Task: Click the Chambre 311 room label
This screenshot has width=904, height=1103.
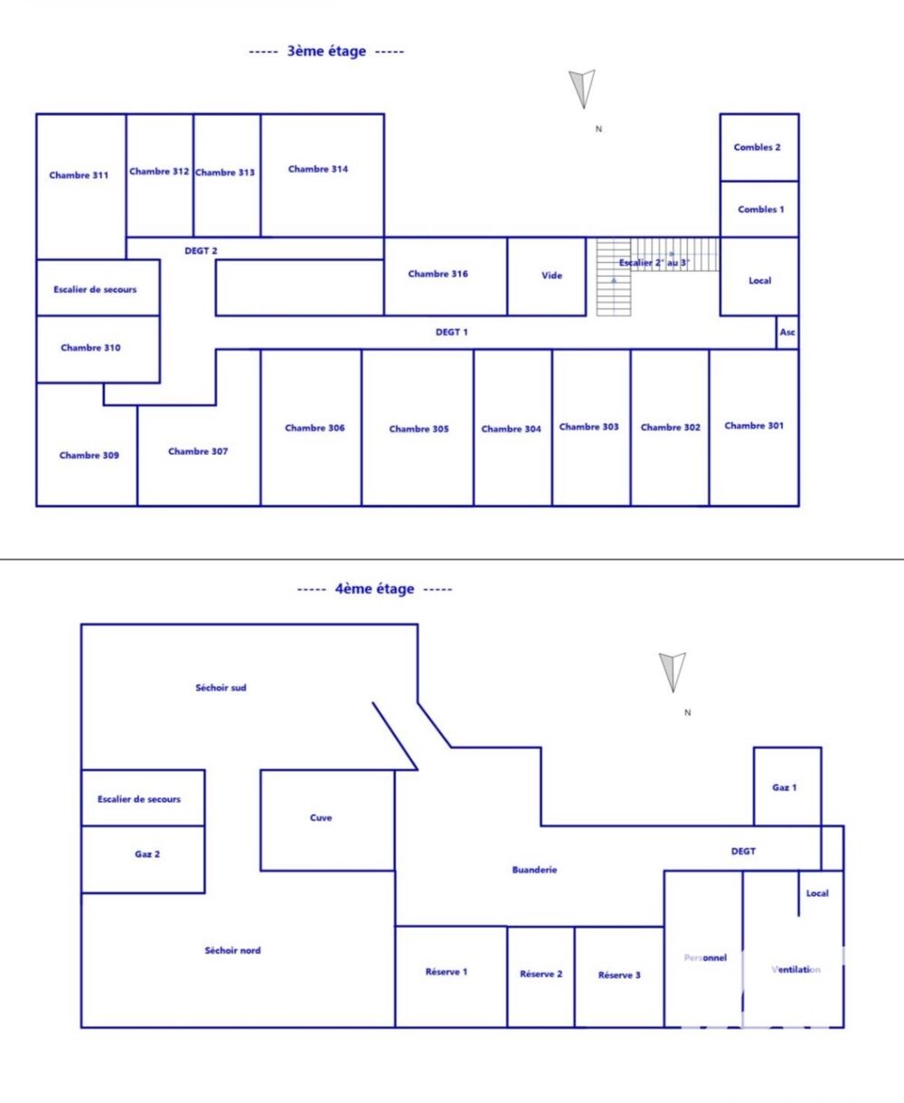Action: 79,175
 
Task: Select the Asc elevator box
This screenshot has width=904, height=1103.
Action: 787,333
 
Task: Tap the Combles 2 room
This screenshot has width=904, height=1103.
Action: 758,147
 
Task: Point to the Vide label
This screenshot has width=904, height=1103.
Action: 551,276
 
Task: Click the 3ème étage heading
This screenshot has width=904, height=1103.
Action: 326,52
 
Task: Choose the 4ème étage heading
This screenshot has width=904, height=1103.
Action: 374,589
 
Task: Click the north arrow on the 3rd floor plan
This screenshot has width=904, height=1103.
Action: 583,89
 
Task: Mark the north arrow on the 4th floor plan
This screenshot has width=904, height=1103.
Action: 672,672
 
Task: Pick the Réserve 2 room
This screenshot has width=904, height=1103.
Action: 541,976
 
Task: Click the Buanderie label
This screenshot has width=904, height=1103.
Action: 534,870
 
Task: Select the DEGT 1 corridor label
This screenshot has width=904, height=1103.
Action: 452,333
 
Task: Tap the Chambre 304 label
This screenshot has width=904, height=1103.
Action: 511,429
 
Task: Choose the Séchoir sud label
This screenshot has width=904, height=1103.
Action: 221,688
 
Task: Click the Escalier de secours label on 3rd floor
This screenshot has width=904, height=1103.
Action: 95,289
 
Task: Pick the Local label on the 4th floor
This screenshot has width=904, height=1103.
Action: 817,893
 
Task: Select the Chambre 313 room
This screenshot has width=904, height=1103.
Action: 226,174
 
